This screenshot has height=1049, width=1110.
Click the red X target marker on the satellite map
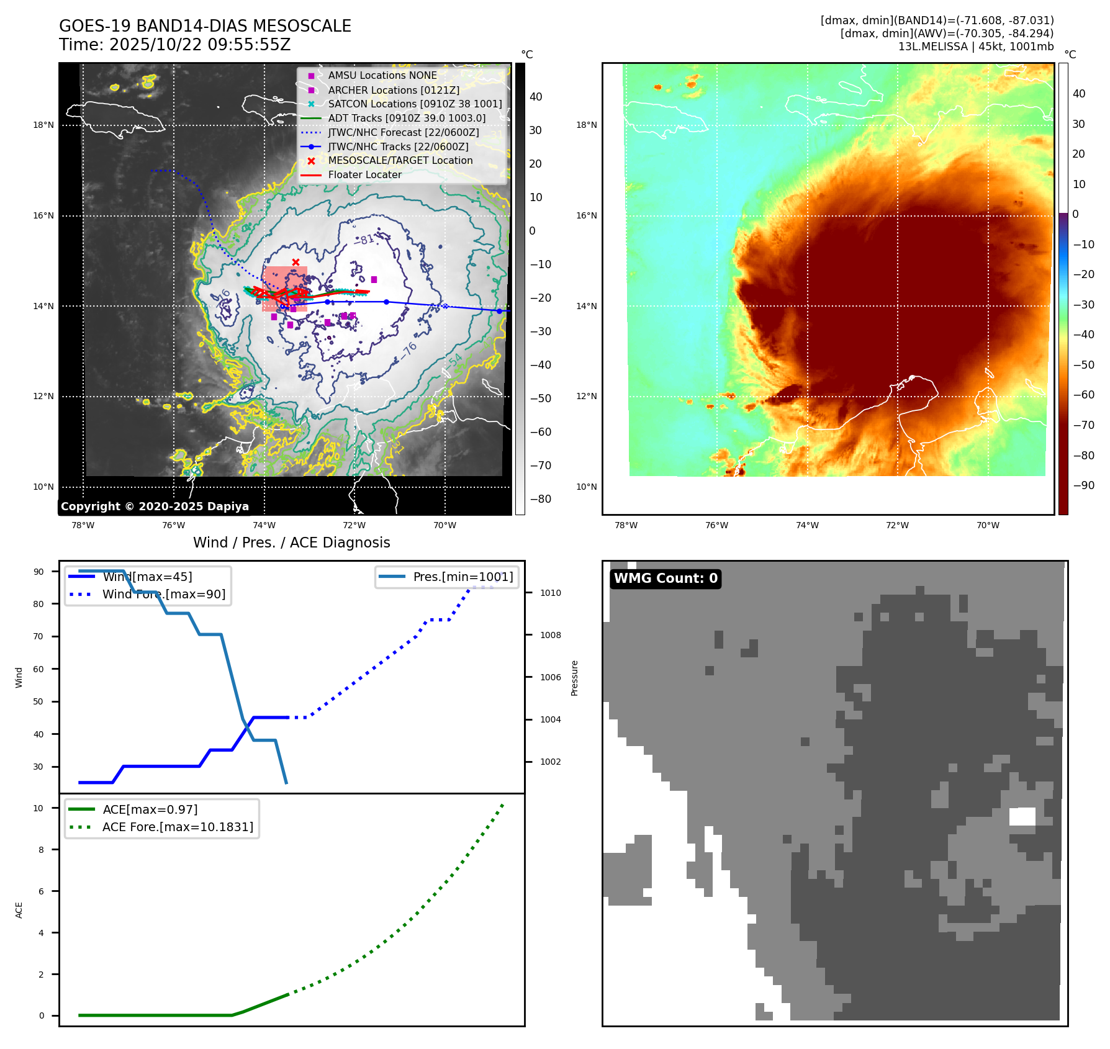click(x=296, y=262)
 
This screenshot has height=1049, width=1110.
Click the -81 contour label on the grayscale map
click(x=366, y=240)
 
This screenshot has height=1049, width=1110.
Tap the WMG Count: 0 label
click(x=666, y=579)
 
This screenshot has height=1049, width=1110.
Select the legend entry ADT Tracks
click(x=407, y=118)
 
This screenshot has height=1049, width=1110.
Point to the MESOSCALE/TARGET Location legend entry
click(x=400, y=160)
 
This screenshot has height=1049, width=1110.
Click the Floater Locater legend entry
click(x=364, y=174)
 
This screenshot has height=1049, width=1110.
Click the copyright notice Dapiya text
click(x=155, y=506)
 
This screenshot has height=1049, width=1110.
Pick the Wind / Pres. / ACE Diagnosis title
click(x=291, y=543)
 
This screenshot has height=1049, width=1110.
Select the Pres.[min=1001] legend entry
click(x=463, y=577)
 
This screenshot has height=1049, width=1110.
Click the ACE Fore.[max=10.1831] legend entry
click(x=178, y=827)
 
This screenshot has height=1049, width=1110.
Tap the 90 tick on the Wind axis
click(x=38, y=572)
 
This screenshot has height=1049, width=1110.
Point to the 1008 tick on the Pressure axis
click(x=550, y=635)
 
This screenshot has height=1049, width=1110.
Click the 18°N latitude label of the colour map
click(x=586, y=125)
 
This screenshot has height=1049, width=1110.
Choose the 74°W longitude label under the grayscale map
click(x=264, y=525)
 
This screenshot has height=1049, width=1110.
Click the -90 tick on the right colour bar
click(x=1084, y=485)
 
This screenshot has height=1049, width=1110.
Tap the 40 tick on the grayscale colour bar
click(x=536, y=97)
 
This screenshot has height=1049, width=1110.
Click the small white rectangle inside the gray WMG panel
click(x=1022, y=816)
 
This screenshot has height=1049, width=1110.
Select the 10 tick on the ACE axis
click(x=38, y=808)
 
